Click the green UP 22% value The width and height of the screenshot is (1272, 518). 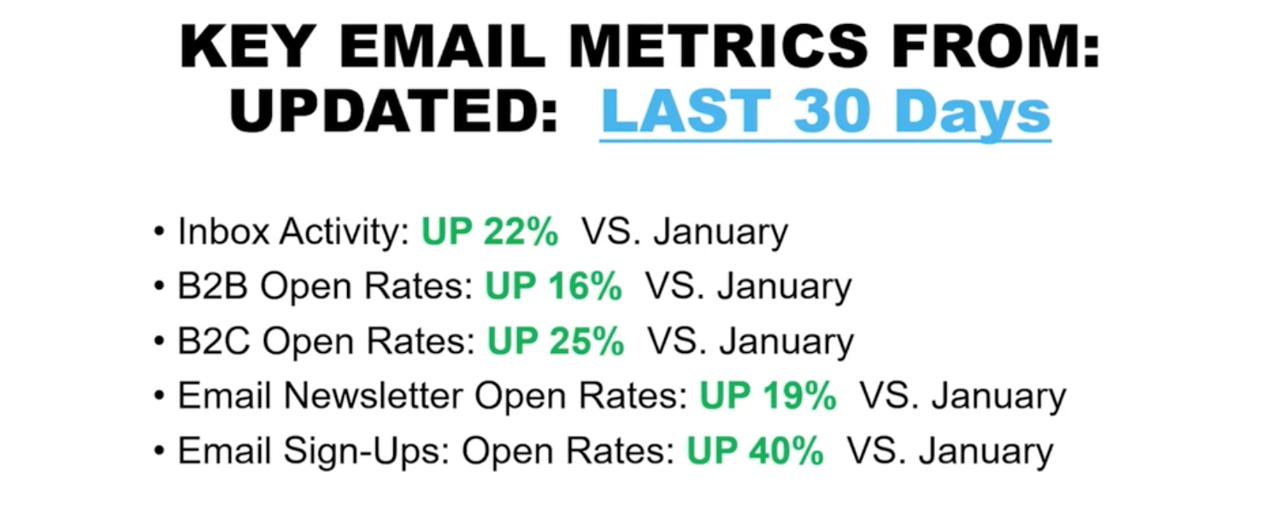point(490,232)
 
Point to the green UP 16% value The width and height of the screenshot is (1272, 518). point(554,285)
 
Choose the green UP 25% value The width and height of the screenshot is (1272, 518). point(556,341)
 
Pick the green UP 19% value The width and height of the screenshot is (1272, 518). point(768,395)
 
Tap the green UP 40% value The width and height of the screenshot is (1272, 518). point(756,451)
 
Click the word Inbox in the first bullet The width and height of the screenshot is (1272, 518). point(223,232)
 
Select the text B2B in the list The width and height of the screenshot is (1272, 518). point(213,285)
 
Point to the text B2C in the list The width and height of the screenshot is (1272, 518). point(214,341)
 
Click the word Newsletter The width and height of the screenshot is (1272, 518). point(373,395)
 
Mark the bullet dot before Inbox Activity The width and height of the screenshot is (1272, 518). point(160,233)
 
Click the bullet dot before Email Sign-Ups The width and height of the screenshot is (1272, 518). point(160,451)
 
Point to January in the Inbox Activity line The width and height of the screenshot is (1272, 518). point(721,233)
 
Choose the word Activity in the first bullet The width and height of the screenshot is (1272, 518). point(344,232)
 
